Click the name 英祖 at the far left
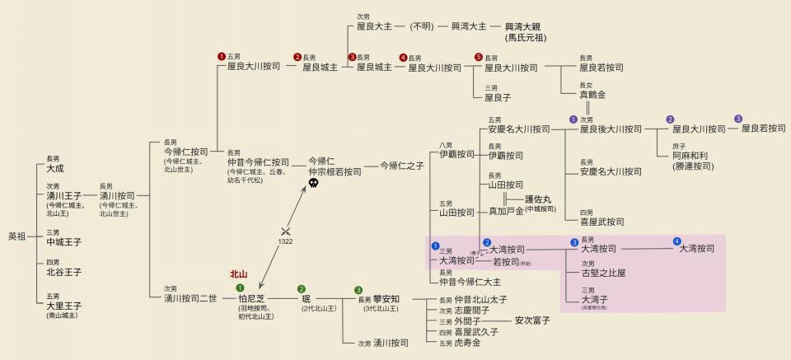pyautogui.click(x=16, y=236)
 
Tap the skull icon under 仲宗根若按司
pyautogui.click(x=313, y=186)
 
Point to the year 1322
pyautogui.click(x=286, y=241)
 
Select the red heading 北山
pyautogui.click(x=238, y=274)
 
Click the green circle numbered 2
pyautogui.click(x=302, y=289)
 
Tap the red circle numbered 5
pyautogui.click(x=478, y=57)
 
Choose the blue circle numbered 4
pyautogui.click(x=676, y=241)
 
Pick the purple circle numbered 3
pyautogui.click(x=738, y=119)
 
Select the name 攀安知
pyautogui.click(x=386, y=299)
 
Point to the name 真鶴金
pyautogui.click(x=592, y=95)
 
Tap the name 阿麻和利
pyautogui.click(x=690, y=156)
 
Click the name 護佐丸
pyautogui.click(x=538, y=199)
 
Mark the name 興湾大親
pyautogui.click(x=527, y=26)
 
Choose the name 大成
pyautogui.click(x=55, y=168)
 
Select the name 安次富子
pyautogui.click(x=532, y=320)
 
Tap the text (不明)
pyautogui.click(x=422, y=26)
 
